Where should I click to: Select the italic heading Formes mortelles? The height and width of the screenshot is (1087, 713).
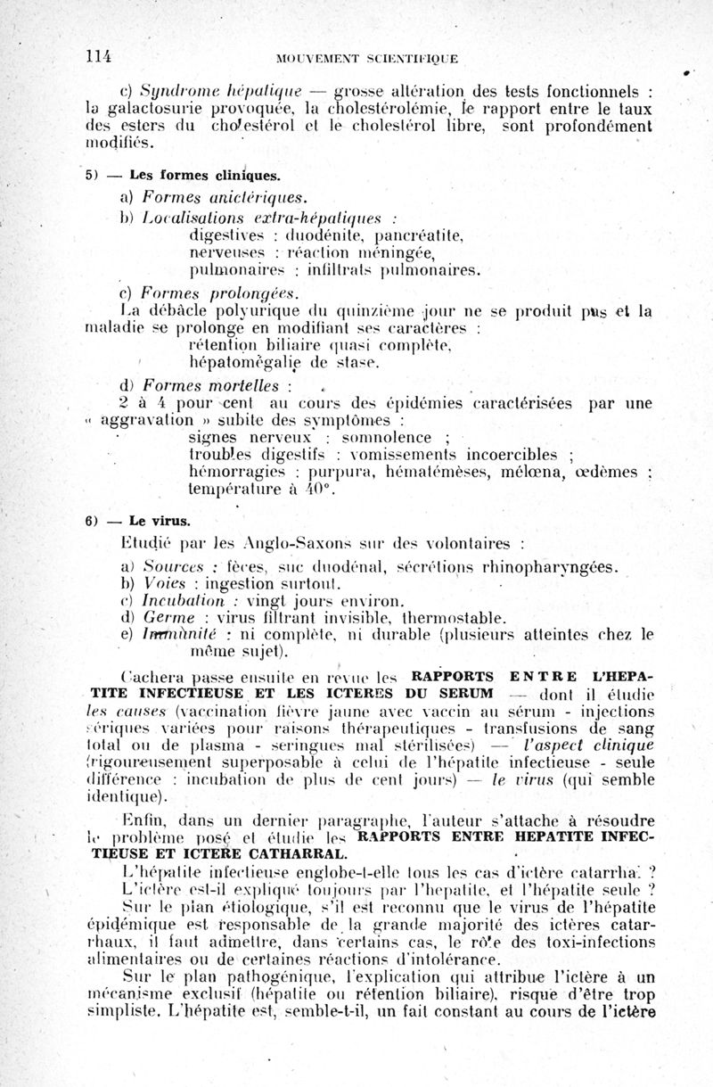click(x=213, y=386)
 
